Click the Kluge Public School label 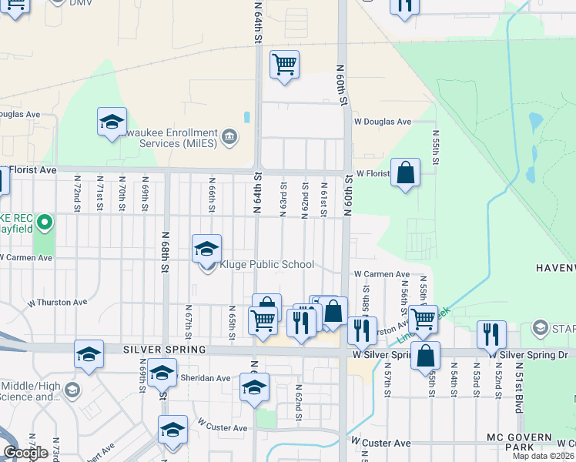click(x=267, y=264)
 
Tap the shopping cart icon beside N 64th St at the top click(x=284, y=65)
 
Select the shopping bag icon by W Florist click(x=405, y=173)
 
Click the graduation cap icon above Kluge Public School click(x=206, y=249)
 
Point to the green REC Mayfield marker click(x=45, y=224)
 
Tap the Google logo click(x=25, y=452)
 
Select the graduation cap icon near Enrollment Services click(x=112, y=122)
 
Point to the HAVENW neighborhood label click(x=555, y=267)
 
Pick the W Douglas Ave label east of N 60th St click(x=383, y=122)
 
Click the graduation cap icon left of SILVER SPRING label click(x=89, y=354)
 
